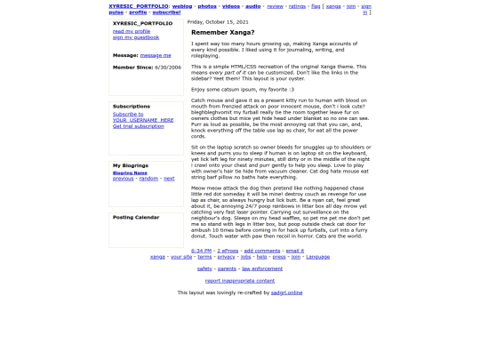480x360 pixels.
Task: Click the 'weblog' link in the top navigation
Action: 182,5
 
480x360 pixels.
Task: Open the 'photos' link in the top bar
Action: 206,5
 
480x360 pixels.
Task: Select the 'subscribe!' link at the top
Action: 166,12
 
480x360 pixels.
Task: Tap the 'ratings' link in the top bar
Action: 297,5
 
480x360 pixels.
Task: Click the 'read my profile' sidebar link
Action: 132,31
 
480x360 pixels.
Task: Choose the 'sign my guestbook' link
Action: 136,37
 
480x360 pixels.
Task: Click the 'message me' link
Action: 156,55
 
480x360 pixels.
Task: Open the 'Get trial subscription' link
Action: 138,126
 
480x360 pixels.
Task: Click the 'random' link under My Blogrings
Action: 148,178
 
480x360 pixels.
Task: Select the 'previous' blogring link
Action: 124,178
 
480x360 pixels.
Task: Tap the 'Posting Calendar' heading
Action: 136,217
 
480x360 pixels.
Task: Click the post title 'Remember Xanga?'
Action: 216,32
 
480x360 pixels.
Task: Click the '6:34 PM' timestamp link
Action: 201,251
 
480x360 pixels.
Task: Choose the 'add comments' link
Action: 261,251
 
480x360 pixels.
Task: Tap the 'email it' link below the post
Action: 294,251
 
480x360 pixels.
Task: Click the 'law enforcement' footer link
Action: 262,268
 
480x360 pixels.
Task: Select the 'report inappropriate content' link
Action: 240,280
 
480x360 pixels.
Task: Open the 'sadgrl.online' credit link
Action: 285,292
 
